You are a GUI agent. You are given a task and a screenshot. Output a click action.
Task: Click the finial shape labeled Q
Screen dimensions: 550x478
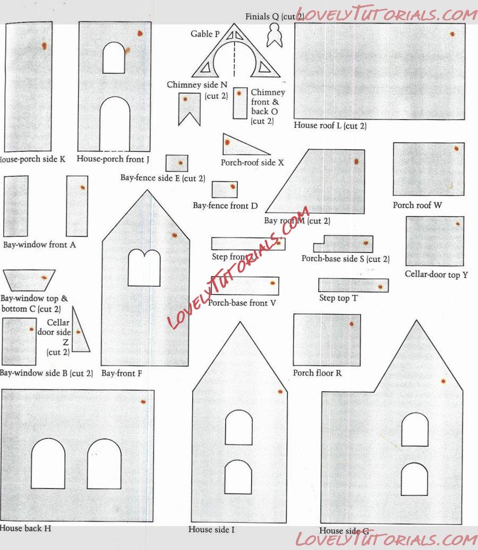pos(275,37)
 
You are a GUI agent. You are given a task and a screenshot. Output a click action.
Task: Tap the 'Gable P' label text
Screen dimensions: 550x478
pos(205,34)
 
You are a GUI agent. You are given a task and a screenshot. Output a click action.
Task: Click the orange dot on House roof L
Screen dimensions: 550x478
pos(452,34)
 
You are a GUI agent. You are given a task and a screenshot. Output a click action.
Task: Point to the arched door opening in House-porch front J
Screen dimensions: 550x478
pos(115,124)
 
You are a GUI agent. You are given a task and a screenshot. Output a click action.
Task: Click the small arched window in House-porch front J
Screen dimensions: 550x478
pos(114,58)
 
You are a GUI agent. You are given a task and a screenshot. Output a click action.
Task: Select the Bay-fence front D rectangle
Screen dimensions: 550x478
pos(225,190)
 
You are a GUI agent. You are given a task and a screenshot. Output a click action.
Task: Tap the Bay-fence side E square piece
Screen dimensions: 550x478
pos(177,163)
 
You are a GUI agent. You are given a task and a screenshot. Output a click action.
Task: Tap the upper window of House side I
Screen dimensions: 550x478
pos(239,427)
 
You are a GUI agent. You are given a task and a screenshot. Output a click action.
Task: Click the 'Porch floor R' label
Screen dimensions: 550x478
pos(317,373)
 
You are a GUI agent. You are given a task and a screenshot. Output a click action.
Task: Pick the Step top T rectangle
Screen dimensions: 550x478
pos(353,285)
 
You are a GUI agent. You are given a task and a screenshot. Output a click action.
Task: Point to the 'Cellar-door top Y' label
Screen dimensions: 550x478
pos(436,275)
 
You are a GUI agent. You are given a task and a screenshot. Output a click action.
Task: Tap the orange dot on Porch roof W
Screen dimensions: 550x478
pos(456,149)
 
